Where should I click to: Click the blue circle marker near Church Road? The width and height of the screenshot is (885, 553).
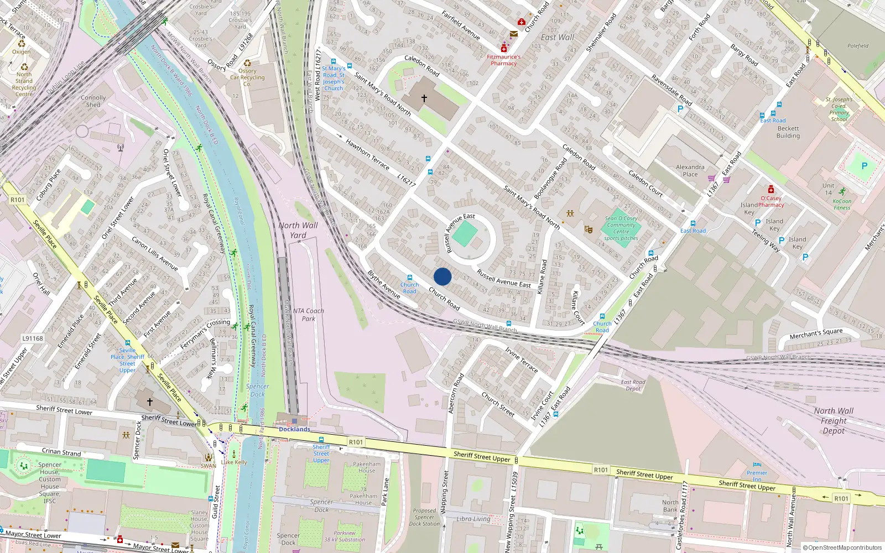click(442, 276)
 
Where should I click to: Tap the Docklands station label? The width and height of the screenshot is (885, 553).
click(294, 429)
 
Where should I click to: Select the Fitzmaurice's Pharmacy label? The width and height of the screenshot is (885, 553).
click(503, 60)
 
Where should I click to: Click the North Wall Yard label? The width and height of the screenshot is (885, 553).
click(298, 230)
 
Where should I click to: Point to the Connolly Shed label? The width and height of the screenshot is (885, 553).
click(93, 101)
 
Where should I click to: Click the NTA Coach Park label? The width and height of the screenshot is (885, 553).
click(308, 315)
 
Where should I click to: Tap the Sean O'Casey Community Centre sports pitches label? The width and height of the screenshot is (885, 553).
click(621, 228)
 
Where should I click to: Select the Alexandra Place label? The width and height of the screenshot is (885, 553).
click(690, 170)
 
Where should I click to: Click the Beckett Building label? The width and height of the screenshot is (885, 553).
click(788, 132)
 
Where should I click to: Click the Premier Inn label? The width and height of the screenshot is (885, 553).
click(757, 475)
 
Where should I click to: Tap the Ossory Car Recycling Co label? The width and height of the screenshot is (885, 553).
click(247, 77)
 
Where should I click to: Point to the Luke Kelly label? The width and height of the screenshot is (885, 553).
click(234, 462)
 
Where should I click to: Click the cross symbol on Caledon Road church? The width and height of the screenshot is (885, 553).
click(424, 98)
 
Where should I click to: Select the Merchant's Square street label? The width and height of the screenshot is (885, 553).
click(816, 333)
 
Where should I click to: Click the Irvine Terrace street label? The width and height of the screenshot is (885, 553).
click(521, 359)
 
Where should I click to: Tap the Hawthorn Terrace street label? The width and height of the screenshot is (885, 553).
click(367, 154)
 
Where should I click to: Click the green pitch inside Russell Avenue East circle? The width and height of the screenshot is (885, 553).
click(465, 234)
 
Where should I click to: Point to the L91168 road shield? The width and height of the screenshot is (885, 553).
click(33, 338)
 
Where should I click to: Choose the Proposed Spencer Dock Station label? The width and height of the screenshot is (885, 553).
click(424, 517)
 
